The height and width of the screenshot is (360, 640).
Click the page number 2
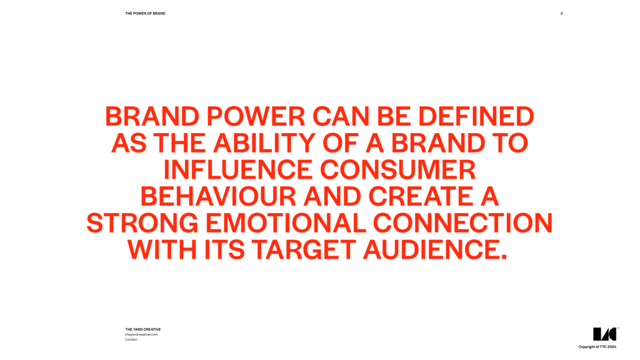click(562, 14)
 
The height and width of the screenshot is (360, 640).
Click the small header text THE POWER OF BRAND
click(145, 14)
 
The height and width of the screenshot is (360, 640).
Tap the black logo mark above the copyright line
click(605, 334)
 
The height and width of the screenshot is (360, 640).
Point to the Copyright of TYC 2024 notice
click(597, 347)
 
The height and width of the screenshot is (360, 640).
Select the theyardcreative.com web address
click(141, 334)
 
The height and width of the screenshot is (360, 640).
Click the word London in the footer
click(131, 339)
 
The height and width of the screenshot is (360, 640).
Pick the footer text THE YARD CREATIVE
click(143, 329)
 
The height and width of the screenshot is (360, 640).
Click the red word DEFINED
click(476, 116)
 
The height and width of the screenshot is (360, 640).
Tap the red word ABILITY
click(264, 143)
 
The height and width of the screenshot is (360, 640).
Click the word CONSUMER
click(398, 170)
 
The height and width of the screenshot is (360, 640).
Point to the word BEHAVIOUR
click(218, 196)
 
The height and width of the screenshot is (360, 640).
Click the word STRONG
click(142, 223)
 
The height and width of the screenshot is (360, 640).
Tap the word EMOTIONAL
click(286, 223)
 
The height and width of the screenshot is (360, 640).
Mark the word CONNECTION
click(463, 223)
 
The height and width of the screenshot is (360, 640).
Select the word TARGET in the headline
click(303, 250)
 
